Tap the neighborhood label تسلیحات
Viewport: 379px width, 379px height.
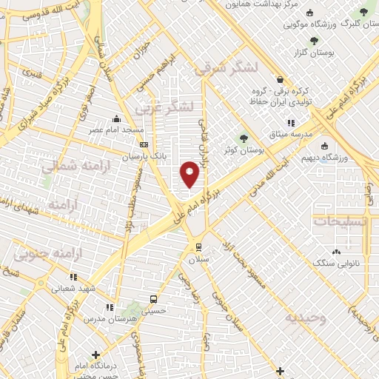(343, 221)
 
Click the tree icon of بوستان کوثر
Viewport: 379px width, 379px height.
(243, 138)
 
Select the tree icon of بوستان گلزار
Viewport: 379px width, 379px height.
(315, 41)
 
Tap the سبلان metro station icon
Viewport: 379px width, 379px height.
(198, 246)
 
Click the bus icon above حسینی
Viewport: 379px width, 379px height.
(153, 300)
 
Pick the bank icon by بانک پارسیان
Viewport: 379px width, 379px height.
(143, 145)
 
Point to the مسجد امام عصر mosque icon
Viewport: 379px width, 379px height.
(116, 119)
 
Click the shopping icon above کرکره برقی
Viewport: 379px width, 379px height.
(279, 79)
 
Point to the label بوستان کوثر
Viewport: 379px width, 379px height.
(248, 150)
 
